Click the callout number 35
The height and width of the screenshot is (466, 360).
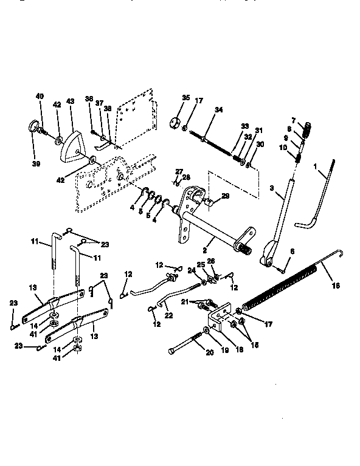186,98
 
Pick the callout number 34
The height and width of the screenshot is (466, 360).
219,110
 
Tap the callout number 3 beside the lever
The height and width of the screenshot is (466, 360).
270,190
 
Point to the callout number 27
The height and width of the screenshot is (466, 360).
179,172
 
